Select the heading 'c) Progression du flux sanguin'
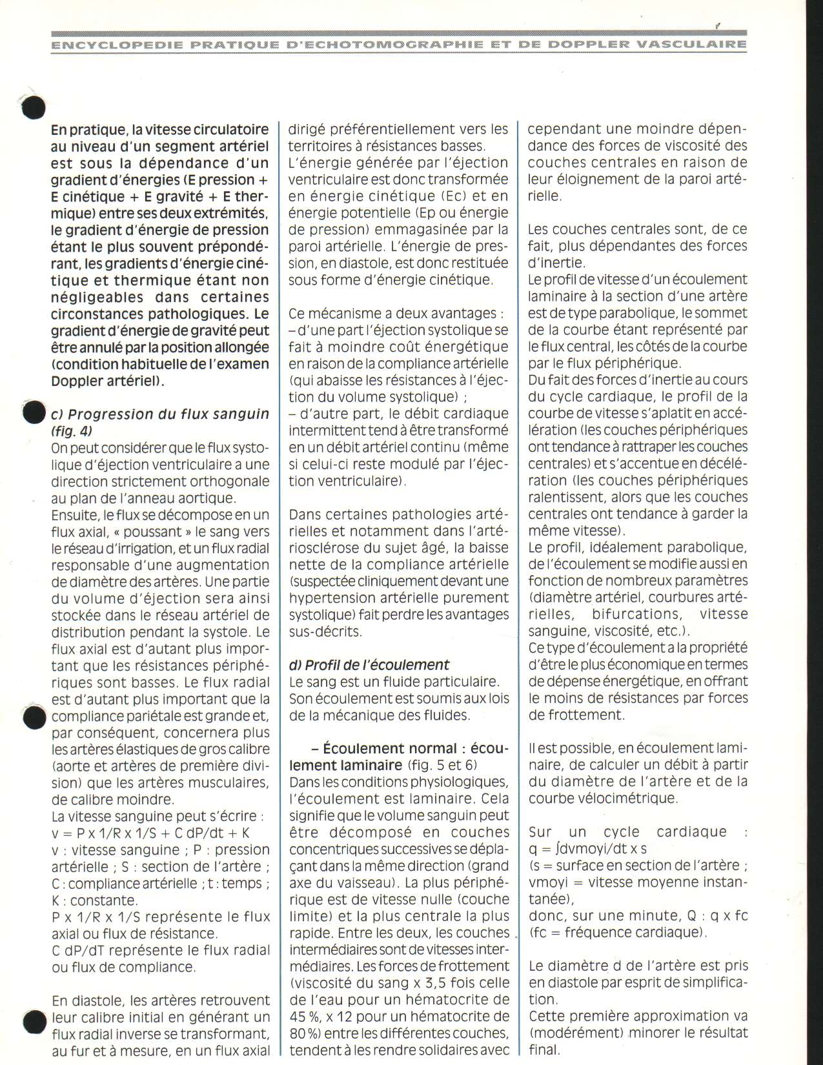click(160, 414)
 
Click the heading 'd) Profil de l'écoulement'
click(369, 665)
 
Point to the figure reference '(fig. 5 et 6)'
click(443, 766)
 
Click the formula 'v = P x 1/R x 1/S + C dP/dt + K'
click(150, 833)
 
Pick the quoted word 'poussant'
click(153, 532)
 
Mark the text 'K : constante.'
click(94, 900)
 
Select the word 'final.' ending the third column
click(544, 1050)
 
